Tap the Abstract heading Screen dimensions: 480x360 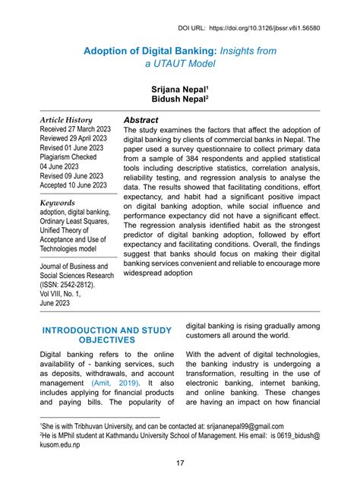pos(141,120)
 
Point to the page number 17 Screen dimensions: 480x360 pos(180,464)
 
